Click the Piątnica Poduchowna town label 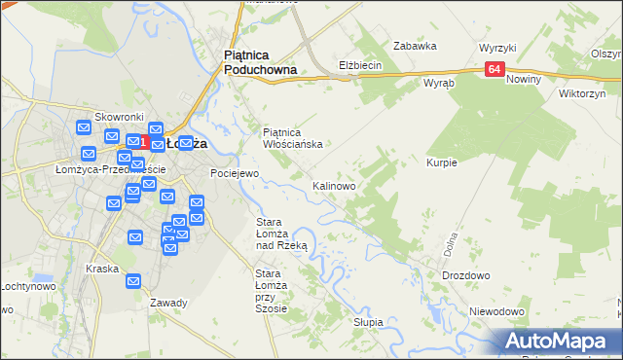pos(260,63)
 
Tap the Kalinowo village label pos(333,185)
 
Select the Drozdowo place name pos(465,275)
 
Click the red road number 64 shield pos(495,69)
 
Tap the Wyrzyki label pos(497,48)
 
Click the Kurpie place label pos(441,162)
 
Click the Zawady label pos(168,303)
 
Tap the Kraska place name pos(102,269)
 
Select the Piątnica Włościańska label pos(293,138)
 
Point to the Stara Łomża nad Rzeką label pos(281,234)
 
